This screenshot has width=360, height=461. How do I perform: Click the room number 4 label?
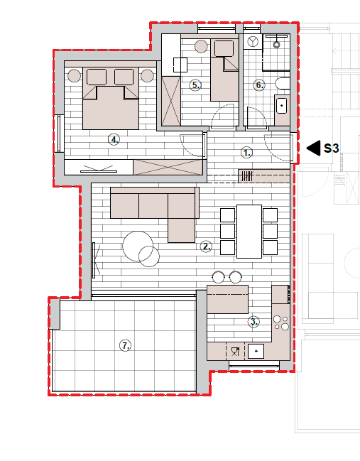pyautogui.click(x=114, y=139)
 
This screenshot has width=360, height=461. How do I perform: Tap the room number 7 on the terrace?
pyautogui.click(x=126, y=345)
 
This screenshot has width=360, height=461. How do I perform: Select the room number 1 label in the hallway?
pyautogui.click(x=246, y=153)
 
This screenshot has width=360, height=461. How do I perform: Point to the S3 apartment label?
pyautogui.click(x=331, y=148)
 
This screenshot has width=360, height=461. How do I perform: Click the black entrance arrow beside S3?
pyautogui.click(x=314, y=148)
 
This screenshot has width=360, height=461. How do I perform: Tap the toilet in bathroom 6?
pyautogui.click(x=283, y=84)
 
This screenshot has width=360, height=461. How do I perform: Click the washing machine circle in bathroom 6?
pyautogui.click(x=253, y=41)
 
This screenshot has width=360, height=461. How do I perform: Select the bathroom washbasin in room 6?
pyautogui.click(x=281, y=106)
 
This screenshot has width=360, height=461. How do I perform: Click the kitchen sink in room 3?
pyautogui.click(x=256, y=351)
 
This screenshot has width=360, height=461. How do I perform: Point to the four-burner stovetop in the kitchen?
pyautogui.click(x=281, y=322)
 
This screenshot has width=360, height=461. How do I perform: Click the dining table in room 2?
pyautogui.click(x=249, y=232)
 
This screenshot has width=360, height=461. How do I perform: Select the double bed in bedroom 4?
pyautogui.click(x=111, y=98)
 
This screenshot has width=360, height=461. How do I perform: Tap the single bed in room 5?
pyautogui.click(x=224, y=70)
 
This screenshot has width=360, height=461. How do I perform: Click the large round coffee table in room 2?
pyautogui.click(x=138, y=246)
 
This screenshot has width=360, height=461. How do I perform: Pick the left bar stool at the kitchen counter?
pyautogui.click(x=219, y=277)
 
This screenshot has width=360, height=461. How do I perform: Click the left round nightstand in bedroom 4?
pyautogui.click(x=74, y=75)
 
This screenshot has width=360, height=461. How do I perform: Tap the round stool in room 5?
pyautogui.click(x=202, y=46)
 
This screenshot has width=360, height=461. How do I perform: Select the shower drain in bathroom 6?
pyautogui.click(x=276, y=45)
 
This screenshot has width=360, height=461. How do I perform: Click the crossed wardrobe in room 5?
pyautogui.click(x=171, y=101)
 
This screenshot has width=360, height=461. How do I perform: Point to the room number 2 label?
pyautogui.click(x=206, y=246)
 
